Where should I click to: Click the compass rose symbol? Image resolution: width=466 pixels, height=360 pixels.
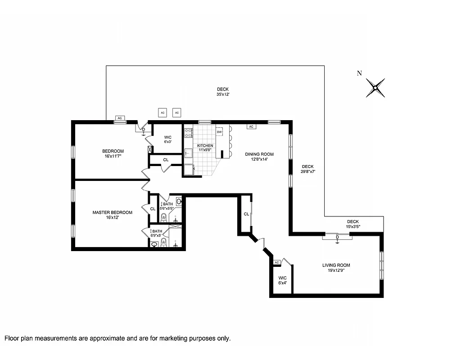pos(375,88)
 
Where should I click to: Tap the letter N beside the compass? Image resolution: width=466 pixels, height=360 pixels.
pos(359,74)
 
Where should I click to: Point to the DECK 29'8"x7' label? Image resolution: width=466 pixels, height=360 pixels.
pos(308,169)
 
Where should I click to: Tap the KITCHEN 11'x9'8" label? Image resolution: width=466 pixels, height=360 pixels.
pos(205,148)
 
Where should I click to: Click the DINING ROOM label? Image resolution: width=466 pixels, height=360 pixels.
pos(259,157)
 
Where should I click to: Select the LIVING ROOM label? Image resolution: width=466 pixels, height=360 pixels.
pos(336,268)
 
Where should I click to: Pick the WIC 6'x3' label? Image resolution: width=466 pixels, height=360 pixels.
pos(168,139)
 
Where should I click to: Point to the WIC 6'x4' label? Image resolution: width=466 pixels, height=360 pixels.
pos(282,280)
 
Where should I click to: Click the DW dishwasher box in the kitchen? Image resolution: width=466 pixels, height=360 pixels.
pos(219,132)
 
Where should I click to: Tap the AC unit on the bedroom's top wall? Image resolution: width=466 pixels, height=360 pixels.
pos(120,118)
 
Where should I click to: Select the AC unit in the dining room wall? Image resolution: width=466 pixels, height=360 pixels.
pos(251,126)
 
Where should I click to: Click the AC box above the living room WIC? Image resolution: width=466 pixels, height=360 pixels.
pos(277,262)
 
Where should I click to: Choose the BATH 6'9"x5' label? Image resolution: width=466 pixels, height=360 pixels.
pos(157,234)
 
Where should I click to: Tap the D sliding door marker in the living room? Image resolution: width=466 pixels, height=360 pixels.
pos(337,237)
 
